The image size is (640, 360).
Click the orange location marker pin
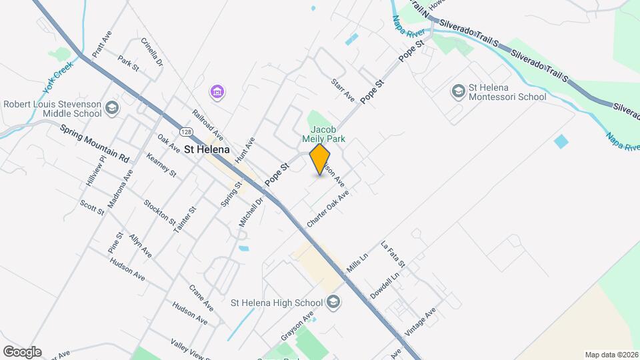(x=320, y=159)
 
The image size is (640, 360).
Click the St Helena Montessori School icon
(x=459, y=91)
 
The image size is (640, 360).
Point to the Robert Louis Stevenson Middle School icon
(x=112, y=108)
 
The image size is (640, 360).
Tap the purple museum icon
(x=216, y=91)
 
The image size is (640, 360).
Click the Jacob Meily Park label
(x=325, y=135)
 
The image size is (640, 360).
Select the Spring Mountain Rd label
(x=94, y=144)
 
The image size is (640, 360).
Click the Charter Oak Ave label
(x=328, y=209)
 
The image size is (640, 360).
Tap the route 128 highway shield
(x=187, y=132)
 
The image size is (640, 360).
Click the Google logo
(x=21, y=352)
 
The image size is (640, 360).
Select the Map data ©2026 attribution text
(x=611, y=355)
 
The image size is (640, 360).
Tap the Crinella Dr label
(x=152, y=51)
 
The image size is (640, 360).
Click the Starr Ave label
(x=343, y=89)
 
